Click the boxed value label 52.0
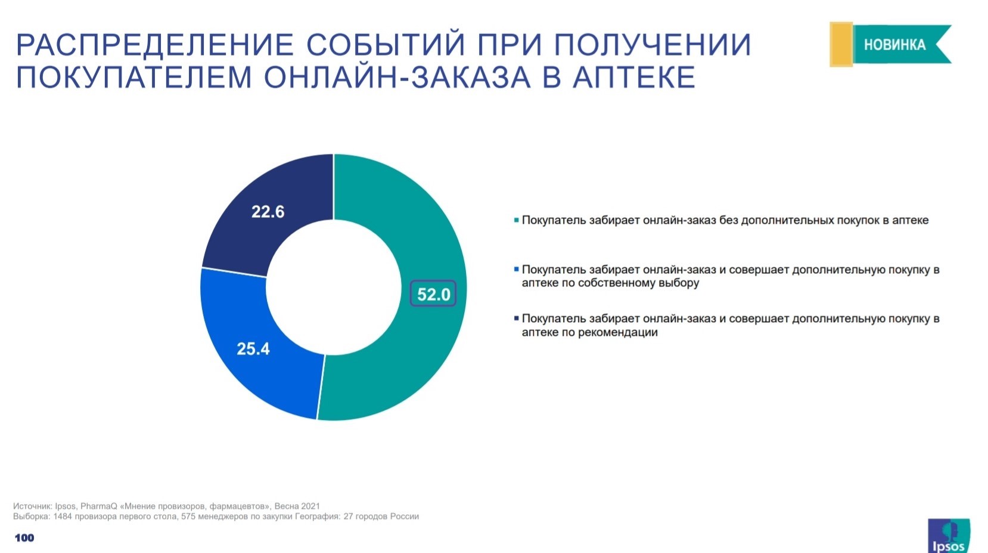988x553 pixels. coord(433,294)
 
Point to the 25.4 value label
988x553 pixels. coord(253,349)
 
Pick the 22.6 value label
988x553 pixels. coord(268,212)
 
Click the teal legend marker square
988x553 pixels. coord(517,220)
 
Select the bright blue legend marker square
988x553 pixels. coord(517,270)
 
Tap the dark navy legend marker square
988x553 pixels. coord(517,319)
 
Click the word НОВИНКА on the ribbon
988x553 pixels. coord(894,45)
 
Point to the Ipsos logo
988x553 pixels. coord(948,536)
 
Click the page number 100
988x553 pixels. coord(24,538)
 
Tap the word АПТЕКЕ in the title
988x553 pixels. coord(634,78)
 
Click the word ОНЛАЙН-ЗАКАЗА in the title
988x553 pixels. coord(397,78)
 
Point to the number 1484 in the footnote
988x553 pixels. coord(63,517)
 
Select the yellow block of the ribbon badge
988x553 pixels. coord(841,44)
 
